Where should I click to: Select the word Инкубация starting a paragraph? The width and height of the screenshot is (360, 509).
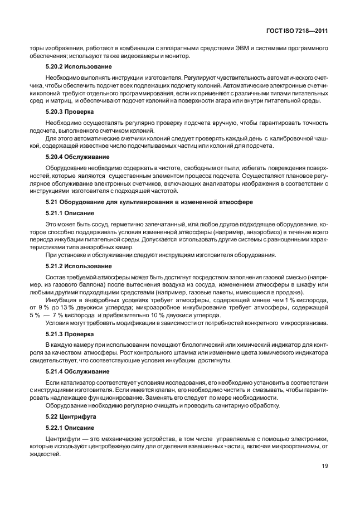point(62,300)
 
